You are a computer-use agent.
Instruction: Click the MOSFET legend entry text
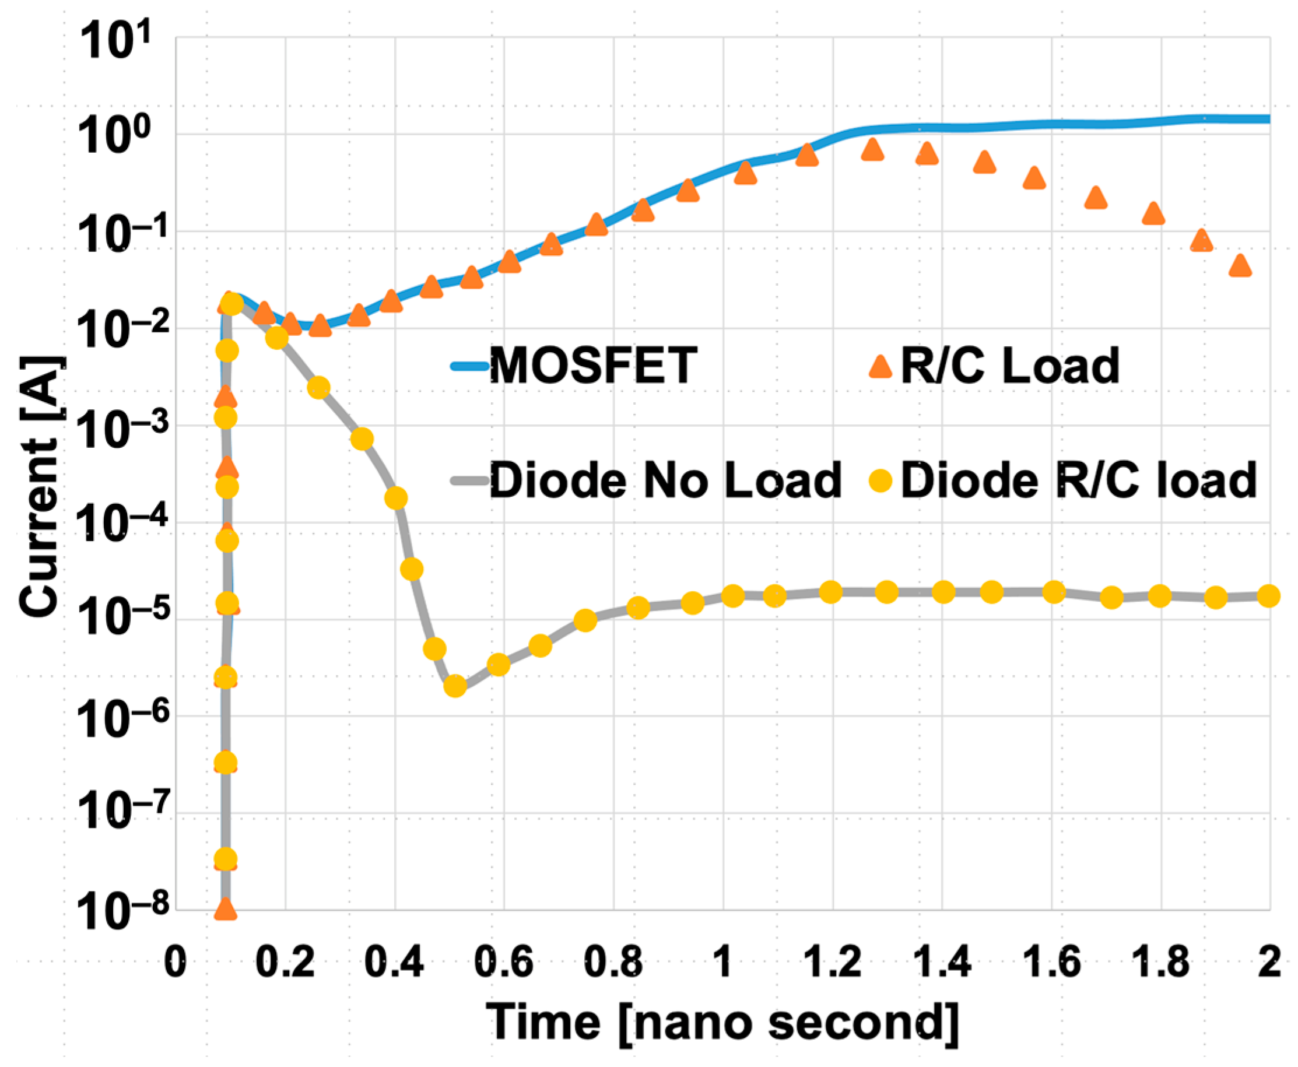click(592, 366)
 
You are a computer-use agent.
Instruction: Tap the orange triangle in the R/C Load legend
click(880, 366)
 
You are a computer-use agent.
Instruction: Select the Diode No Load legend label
click(665, 480)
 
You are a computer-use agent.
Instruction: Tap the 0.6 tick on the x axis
click(504, 962)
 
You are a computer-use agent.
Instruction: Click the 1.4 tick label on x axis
click(942, 962)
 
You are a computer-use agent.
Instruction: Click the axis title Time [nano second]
click(722, 1023)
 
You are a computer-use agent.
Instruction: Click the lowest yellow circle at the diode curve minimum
click(455, 686)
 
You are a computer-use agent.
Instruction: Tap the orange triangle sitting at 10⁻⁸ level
click(226, 909)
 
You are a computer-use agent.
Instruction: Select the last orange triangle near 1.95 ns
click(1240, 265)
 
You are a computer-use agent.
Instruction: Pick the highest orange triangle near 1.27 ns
click(872, 149)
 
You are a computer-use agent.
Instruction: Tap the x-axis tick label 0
click(176, 962)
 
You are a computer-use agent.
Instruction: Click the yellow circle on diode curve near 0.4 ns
click(396, 498)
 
